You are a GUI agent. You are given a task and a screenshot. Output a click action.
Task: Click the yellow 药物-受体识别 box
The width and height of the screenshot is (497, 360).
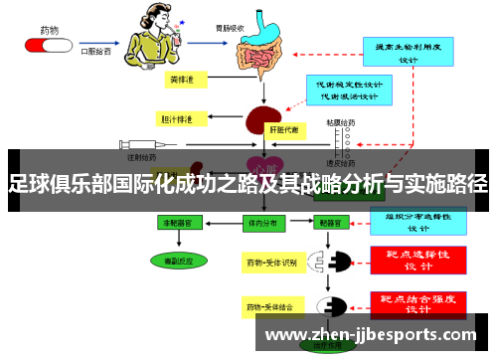click(x=270, y=263)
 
